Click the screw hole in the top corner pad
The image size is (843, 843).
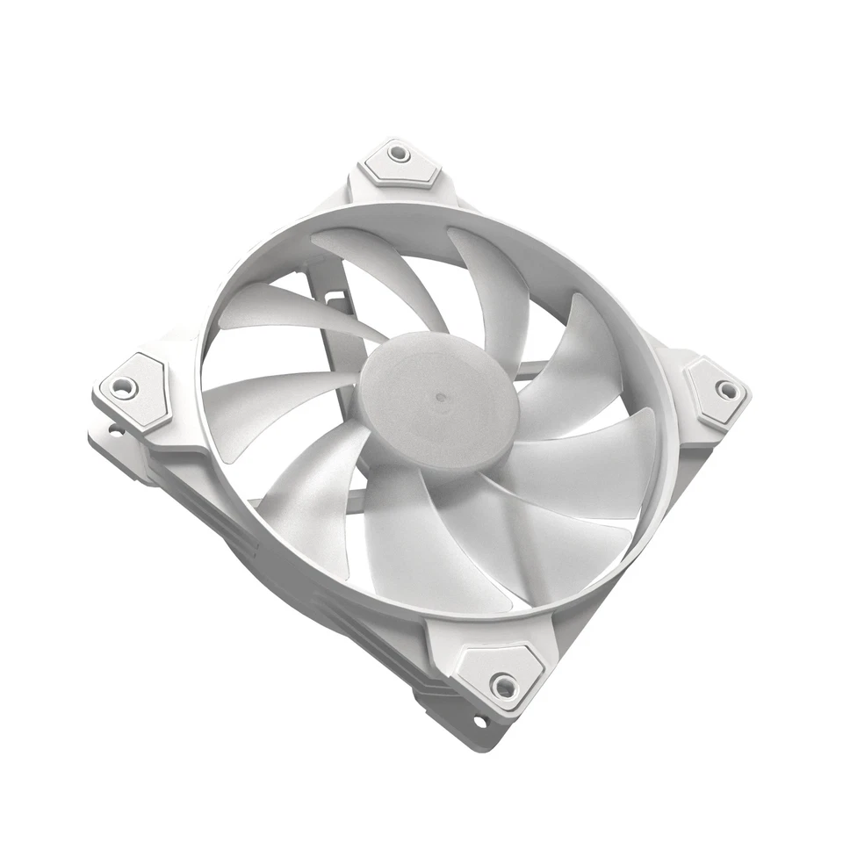click(398, 153)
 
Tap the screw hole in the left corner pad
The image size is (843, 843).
click(123, 385)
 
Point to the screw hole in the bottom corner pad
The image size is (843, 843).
click(504, 684)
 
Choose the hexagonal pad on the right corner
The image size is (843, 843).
click(716, 392)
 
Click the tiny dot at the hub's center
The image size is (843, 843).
click(438, 397)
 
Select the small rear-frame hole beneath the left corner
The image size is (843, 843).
click(113, 430)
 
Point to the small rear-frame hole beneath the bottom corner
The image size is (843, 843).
click(479, 722)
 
